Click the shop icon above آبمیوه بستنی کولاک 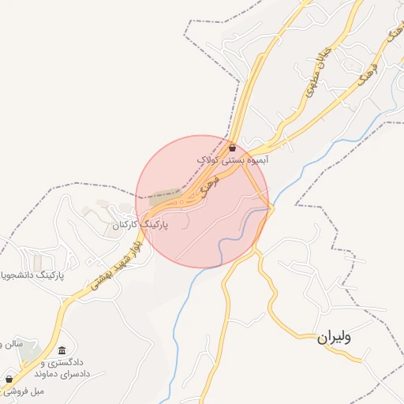(x=232, y=148)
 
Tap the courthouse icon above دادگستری (x=62, y=350)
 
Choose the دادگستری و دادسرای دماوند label (x=60, y=367)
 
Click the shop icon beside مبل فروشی (x=9, y=379)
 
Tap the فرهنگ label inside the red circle (x=208, y=188)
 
